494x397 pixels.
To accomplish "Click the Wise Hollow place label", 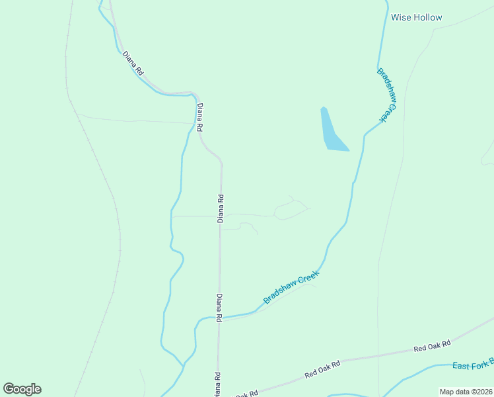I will tap(416, 17).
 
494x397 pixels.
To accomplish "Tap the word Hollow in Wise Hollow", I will tap(427, 17).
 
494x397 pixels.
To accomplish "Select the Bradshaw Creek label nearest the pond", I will tap(388, 95).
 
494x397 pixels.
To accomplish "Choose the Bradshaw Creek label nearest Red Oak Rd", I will tap(291, 287).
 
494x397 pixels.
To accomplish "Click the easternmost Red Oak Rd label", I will tap(432, 346).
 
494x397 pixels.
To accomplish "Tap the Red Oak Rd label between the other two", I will tap(322, 369).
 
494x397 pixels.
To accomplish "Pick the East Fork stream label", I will tap(472, 365).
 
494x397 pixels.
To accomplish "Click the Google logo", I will tap(22, 389).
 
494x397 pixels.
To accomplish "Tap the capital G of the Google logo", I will tap(9, 389).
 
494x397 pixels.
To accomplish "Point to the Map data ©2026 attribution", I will tap(465, 392).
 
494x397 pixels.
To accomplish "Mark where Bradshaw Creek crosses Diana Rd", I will tap(219, 318).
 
